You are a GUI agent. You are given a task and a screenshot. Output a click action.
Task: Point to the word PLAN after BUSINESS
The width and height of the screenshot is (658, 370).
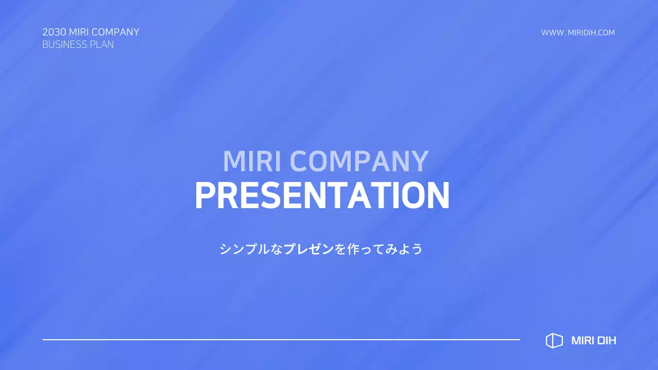[102, 45]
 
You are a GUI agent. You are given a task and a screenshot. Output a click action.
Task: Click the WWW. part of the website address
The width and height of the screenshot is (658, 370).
[553, 33]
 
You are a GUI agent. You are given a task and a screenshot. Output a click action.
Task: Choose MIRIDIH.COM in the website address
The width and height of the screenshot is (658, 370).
[591, 33]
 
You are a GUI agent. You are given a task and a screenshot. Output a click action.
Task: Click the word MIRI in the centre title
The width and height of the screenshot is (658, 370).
[253, 161]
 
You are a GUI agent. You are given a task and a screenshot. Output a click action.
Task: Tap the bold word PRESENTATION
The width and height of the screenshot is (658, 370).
[322, 196]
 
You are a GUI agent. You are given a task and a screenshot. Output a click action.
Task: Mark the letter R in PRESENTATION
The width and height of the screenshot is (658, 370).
[227, 196]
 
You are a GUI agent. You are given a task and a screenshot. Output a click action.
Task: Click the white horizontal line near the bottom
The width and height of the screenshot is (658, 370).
[281, 340]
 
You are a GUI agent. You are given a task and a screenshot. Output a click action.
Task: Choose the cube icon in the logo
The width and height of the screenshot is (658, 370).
[554, 341]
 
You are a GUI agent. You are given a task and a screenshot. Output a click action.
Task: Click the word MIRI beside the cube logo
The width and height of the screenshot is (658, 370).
[581, 341]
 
